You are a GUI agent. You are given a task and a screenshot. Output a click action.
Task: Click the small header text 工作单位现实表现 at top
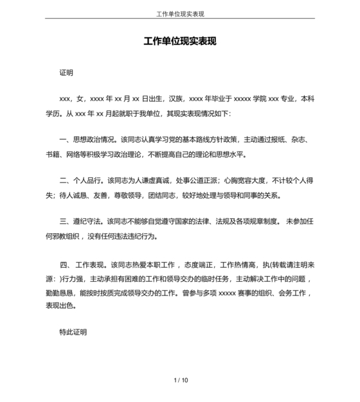(x=180, y=13)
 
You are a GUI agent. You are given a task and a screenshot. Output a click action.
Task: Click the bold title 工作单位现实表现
(x=180, y=42)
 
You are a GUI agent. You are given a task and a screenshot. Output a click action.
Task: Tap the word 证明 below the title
(x=66, y=73)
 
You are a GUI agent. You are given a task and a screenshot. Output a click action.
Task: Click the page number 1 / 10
(x=181, y=380)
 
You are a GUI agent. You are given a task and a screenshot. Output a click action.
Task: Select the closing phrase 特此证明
(x=73, y=333)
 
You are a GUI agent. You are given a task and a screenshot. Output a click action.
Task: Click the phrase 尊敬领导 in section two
(x=128, y=195)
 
